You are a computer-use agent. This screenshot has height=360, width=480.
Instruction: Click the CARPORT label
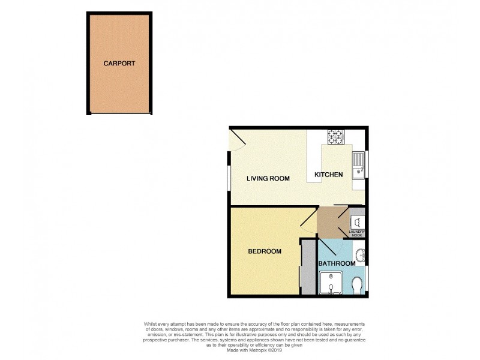(119, 63)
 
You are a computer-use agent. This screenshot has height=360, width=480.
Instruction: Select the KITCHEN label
(329, 175)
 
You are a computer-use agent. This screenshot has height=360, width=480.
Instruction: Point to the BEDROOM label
(265, 251)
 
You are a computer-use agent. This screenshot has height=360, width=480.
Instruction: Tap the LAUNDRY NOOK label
(357, 232)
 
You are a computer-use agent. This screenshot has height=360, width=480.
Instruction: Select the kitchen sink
(358, 164)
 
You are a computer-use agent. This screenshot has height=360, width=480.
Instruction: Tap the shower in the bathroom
(331, 284)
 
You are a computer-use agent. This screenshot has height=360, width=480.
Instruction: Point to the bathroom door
(330, 245)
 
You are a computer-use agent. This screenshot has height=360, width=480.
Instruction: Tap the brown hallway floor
(328, 221)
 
